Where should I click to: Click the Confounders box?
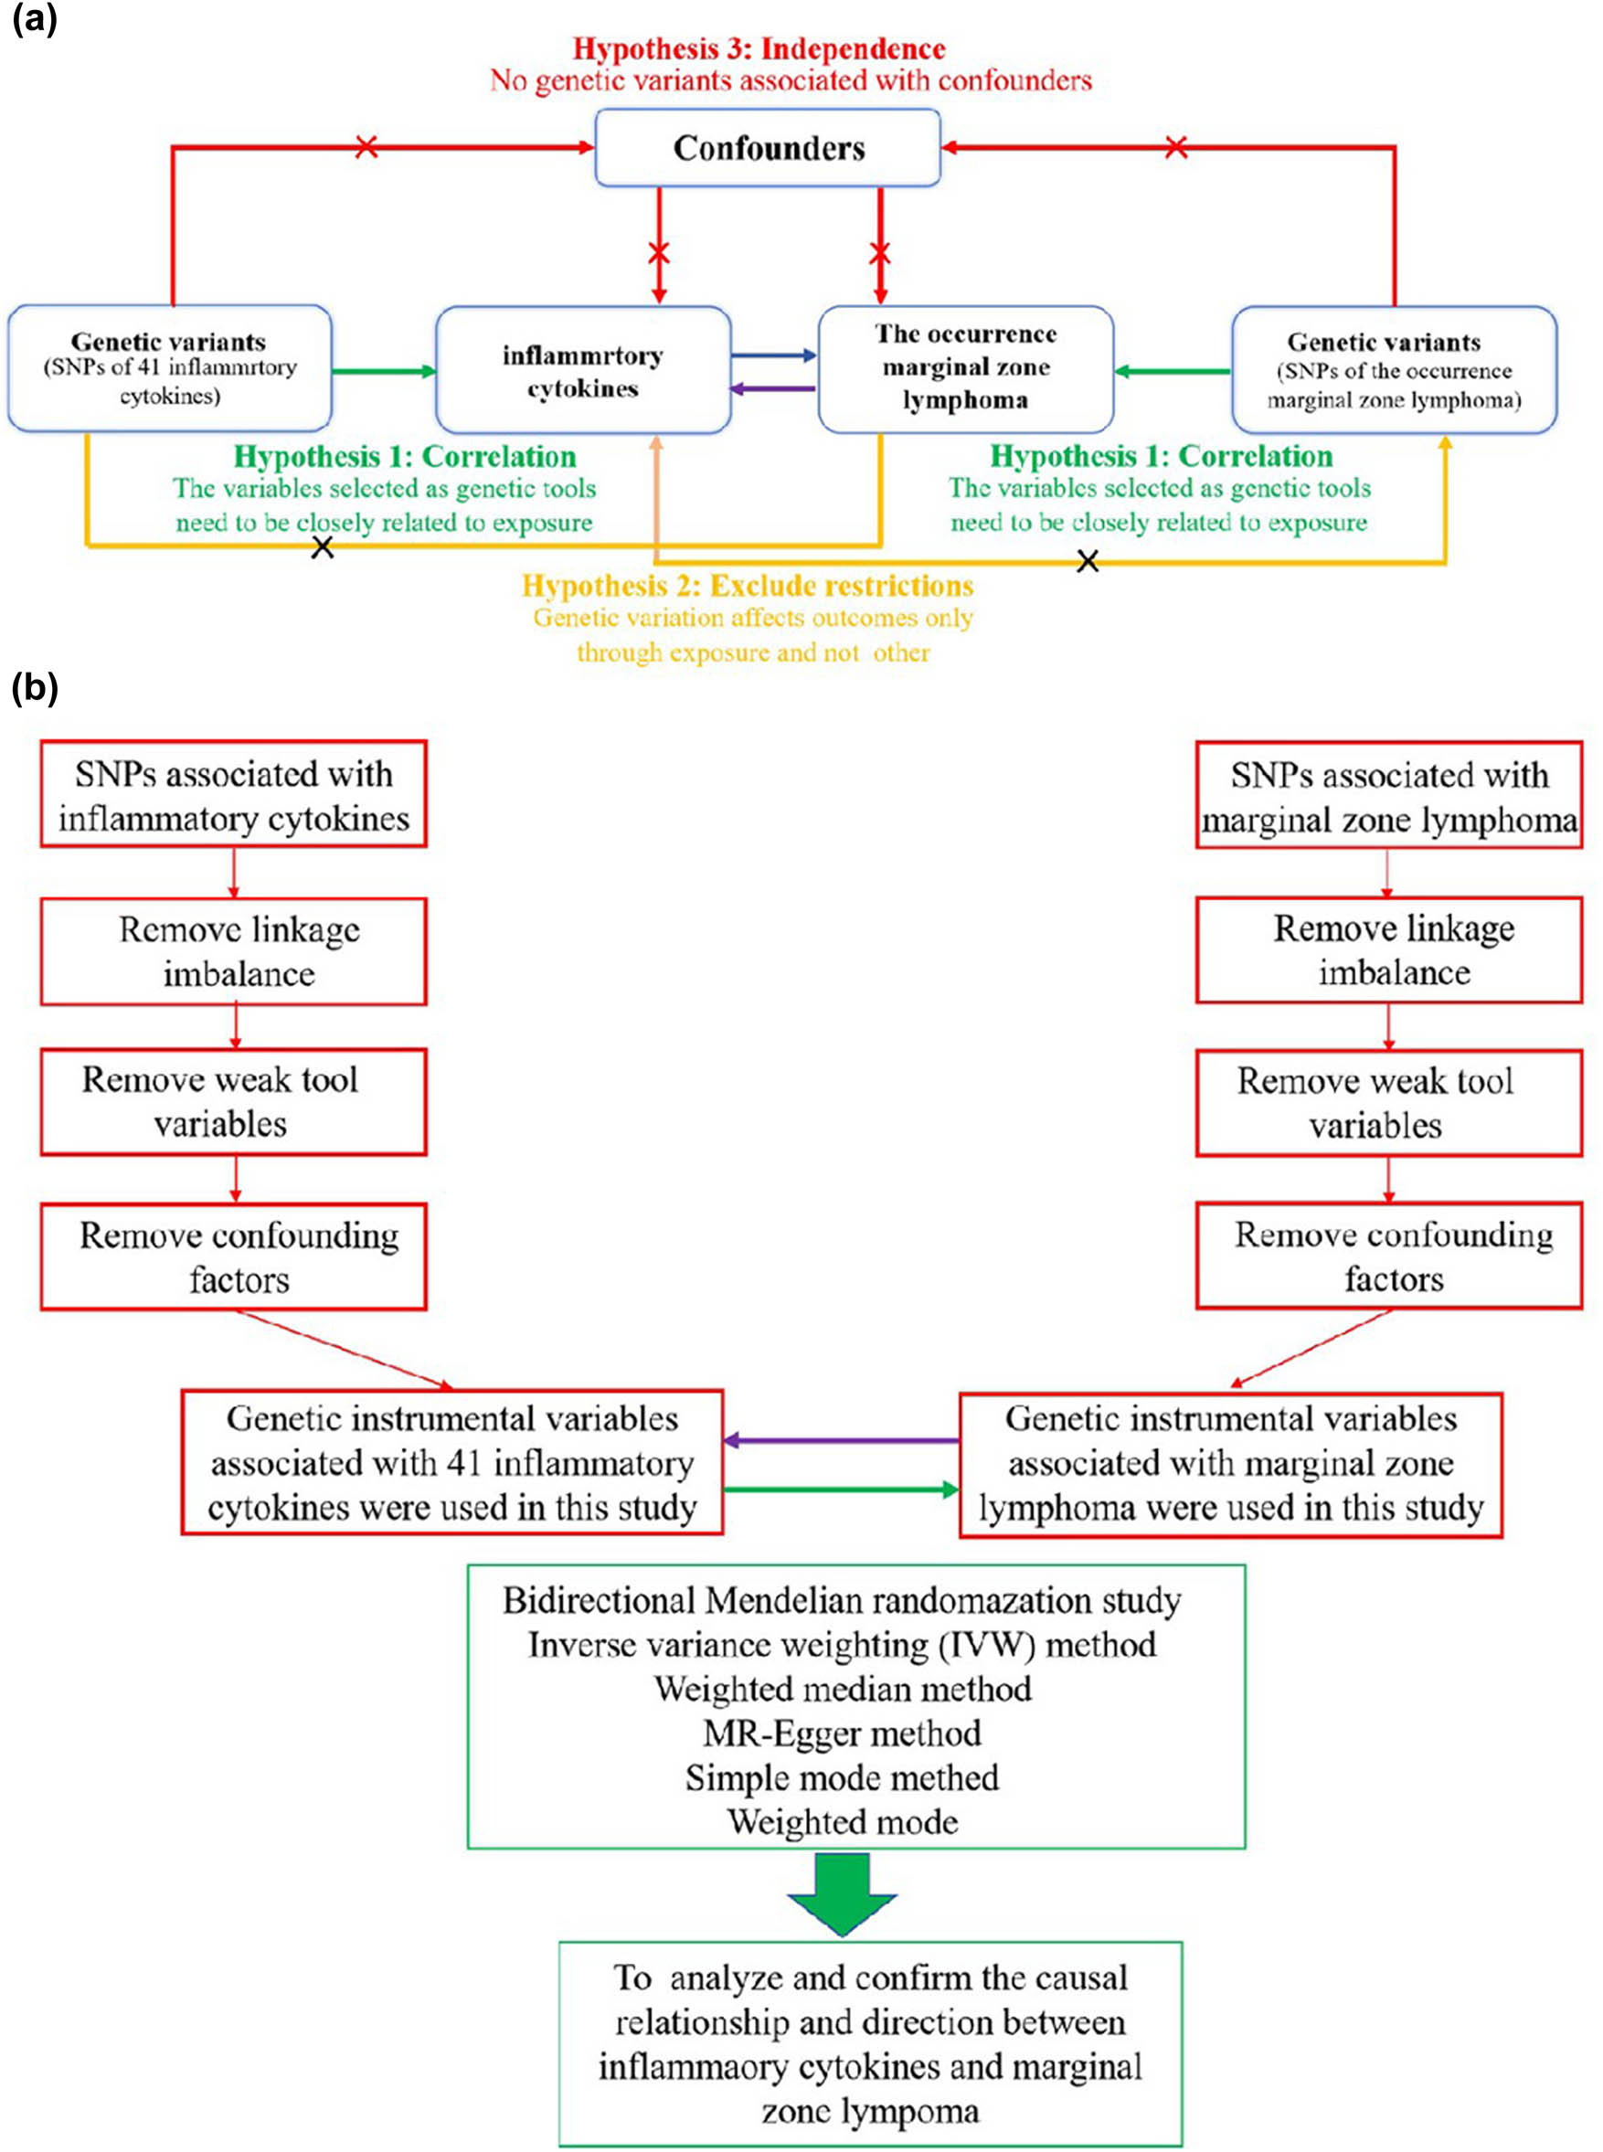point(767,147)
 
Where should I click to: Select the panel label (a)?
point(34,19)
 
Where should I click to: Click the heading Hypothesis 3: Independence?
point(758,48)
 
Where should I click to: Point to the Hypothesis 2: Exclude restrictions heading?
point(748,586)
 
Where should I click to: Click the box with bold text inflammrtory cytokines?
point(582,371)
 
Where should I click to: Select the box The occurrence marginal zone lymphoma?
point(964,368)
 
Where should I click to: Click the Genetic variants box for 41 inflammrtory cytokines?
point(170,368)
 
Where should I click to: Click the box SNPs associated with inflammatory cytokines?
point(233,796)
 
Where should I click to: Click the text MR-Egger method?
point(842,1733)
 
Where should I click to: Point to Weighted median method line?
point(842,1690)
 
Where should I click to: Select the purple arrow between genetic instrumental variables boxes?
point(840,1441)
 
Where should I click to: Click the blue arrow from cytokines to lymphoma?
point(773,356)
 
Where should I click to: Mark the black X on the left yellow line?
point(322,548)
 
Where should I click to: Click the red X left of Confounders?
point(366,147)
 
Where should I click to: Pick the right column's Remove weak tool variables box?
point(1388,1102)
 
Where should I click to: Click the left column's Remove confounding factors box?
point(233,1257)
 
